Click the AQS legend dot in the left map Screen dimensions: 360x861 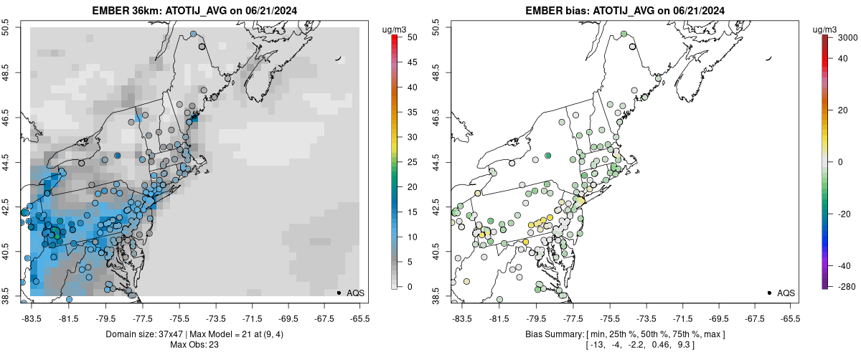[x=339, y=293]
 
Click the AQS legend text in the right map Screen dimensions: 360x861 [x=786, y=293]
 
